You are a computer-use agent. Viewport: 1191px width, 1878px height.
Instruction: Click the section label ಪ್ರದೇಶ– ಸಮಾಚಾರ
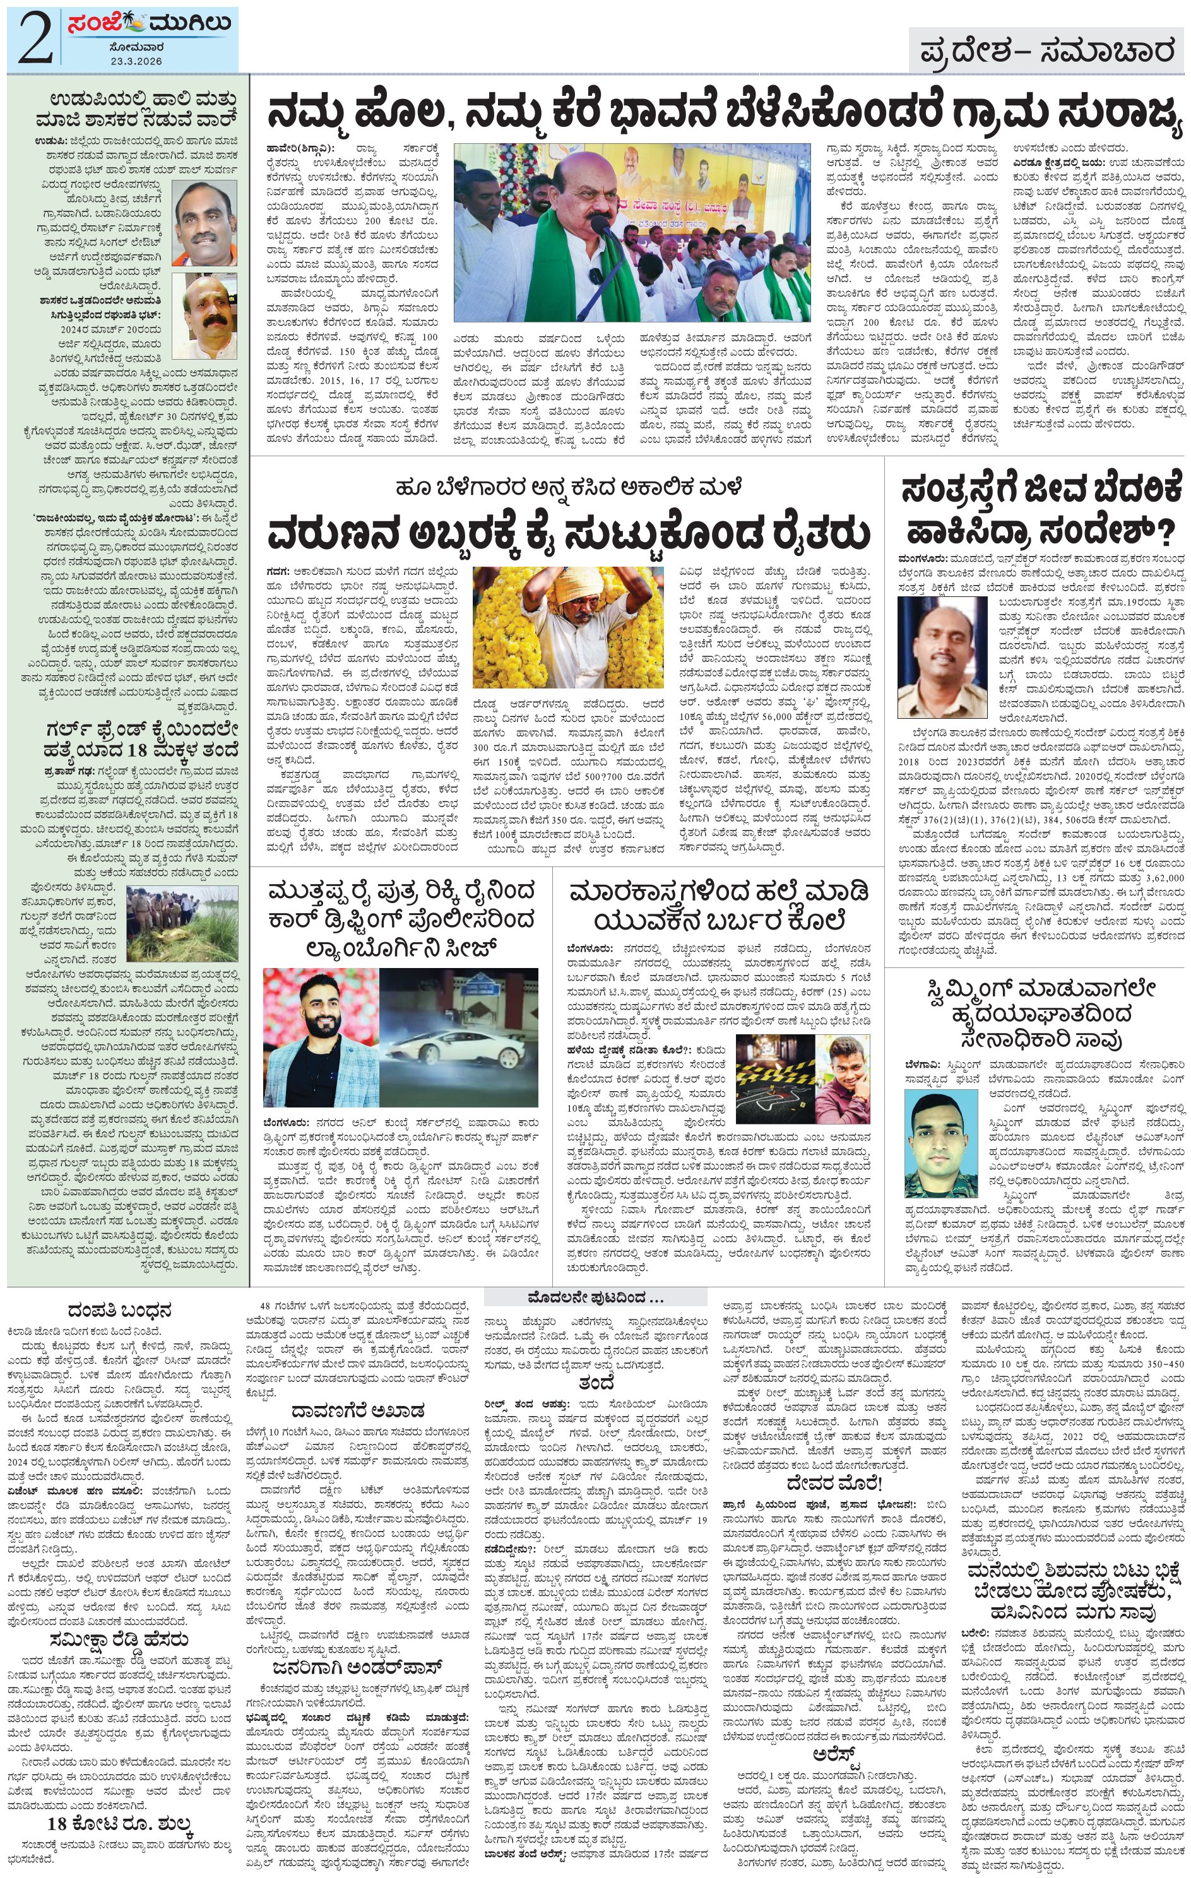click(x=1046, y=52)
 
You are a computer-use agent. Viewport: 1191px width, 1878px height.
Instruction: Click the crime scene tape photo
click(x=774, y=1077)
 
